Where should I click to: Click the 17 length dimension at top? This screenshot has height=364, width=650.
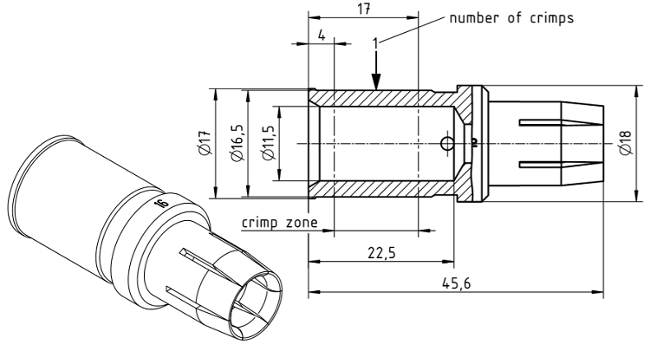(365, 8)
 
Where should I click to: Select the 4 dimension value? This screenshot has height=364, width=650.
(322, 36)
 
